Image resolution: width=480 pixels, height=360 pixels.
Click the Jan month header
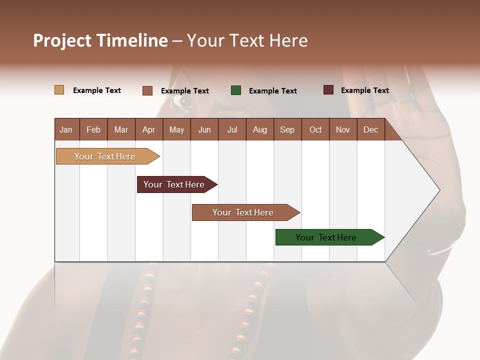[x=66, y=129]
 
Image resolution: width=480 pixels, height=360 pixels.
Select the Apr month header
[x=148, y=129]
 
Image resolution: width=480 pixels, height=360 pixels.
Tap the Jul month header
[x=232, y=129]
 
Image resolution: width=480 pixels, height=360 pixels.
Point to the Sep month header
[x=287, y=129]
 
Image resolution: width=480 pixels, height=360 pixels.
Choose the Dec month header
[x=370, y=129]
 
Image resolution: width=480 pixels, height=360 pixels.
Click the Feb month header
[x=93, y=129]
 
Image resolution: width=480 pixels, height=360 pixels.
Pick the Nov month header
[x=342, y=129]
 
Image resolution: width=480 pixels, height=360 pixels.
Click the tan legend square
[x=59, y=90]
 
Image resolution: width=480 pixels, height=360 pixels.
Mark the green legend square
[x=236, y=90]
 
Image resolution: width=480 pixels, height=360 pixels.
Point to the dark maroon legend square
[x=328, y=90]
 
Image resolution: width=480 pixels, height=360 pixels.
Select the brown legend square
[x=147, y=90]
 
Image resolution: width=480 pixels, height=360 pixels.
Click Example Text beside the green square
[x=272, y=91]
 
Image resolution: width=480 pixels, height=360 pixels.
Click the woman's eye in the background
[x=183, y=101]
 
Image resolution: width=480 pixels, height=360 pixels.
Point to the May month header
[x=176, y=129]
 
